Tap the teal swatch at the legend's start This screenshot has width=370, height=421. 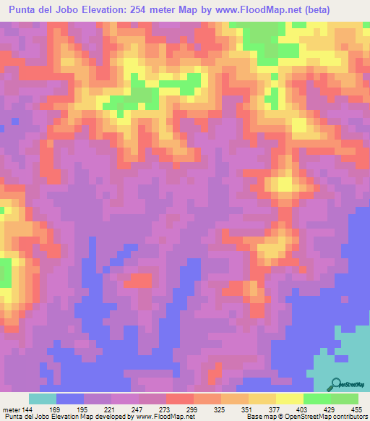pyautogui.click(x=42, y=399)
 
